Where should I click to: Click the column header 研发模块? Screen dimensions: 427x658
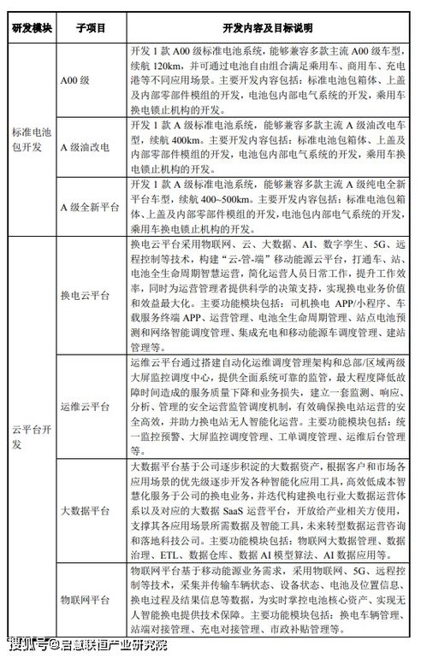[33, 27]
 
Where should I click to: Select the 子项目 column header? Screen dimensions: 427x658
[91, 27]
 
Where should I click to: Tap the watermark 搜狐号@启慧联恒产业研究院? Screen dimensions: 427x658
[89, 643]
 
